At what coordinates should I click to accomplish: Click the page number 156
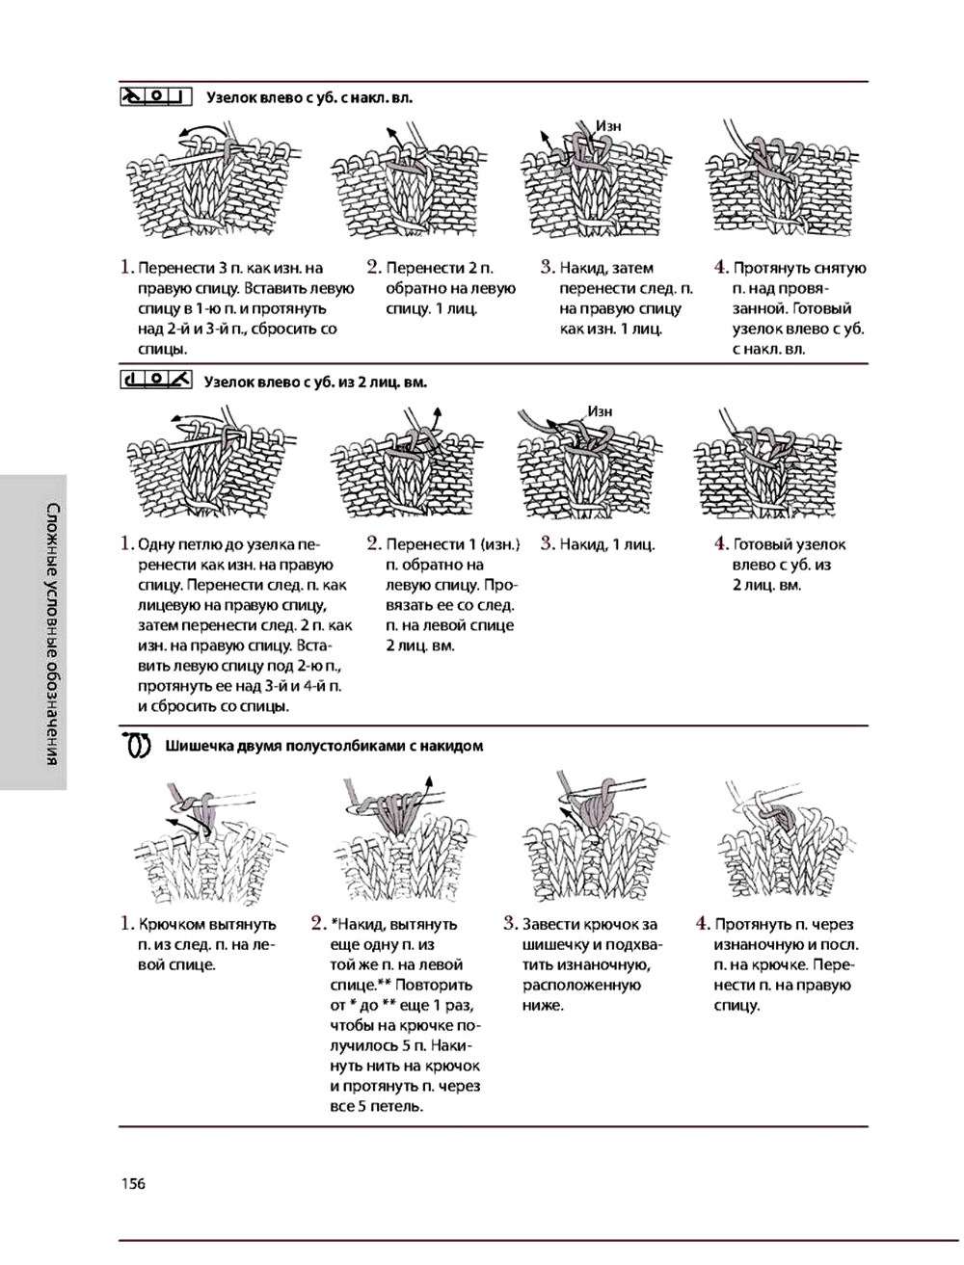132,1184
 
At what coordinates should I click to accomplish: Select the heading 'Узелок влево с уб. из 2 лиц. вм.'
315,382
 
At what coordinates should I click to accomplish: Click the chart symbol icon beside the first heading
156,96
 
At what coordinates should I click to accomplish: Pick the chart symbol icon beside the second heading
156,381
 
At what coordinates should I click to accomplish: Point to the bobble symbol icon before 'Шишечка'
138,746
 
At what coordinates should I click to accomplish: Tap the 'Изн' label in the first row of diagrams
607,125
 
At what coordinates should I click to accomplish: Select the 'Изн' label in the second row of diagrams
600,410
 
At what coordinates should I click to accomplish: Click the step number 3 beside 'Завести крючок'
510,924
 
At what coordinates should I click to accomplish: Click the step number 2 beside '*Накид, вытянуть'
319,924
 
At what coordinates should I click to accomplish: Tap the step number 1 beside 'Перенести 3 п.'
126,268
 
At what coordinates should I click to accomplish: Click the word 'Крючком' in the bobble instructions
171,925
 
